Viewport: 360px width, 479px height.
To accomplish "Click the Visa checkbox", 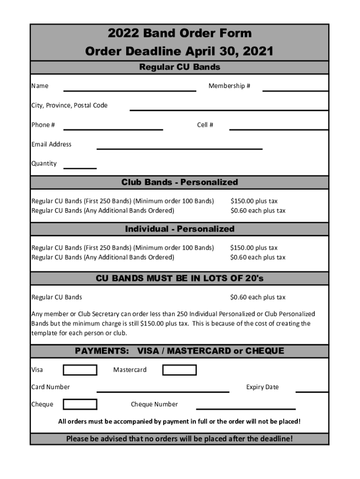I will tap(80, 370).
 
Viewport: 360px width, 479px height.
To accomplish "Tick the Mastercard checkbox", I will tap(179, 370).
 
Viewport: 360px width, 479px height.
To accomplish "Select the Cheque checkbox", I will tap(80, 404).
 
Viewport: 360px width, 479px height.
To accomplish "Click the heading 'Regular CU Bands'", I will tap(180, 67).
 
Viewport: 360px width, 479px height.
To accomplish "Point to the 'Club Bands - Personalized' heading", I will tap(180, 182).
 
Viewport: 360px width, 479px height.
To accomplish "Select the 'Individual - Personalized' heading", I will tap(180, 229).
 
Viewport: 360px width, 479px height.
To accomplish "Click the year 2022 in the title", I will tap(123, 33).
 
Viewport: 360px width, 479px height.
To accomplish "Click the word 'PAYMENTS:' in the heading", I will tap(102, 351).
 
